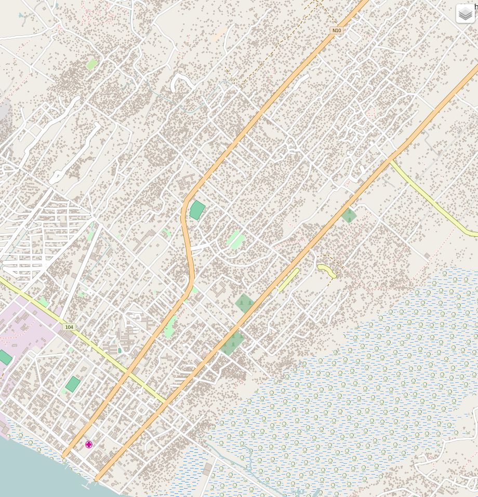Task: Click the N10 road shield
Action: (x=337, y=31)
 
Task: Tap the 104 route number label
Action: (x=69, y=327)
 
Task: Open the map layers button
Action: (x=465, y=14)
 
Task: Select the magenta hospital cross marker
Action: (x=89, y=445)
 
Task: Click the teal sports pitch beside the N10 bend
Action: (x=197, y=210)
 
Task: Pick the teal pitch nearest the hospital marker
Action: (x=73, y=384)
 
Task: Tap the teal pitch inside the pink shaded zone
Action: (x=5, y=357)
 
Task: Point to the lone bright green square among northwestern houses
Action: (x=92, y=64)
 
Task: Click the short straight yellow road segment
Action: (x=288, y=279)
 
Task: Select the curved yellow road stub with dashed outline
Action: (x=327, y=270)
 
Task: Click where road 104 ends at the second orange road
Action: (x=166, y=401)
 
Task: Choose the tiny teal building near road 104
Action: (x=119, y=351)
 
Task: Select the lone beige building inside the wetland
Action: (x=207, y=469)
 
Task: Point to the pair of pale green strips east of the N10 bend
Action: (x=235, y=240)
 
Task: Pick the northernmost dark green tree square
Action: (x=349, y=215)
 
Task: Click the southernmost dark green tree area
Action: (x=232, y=343)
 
